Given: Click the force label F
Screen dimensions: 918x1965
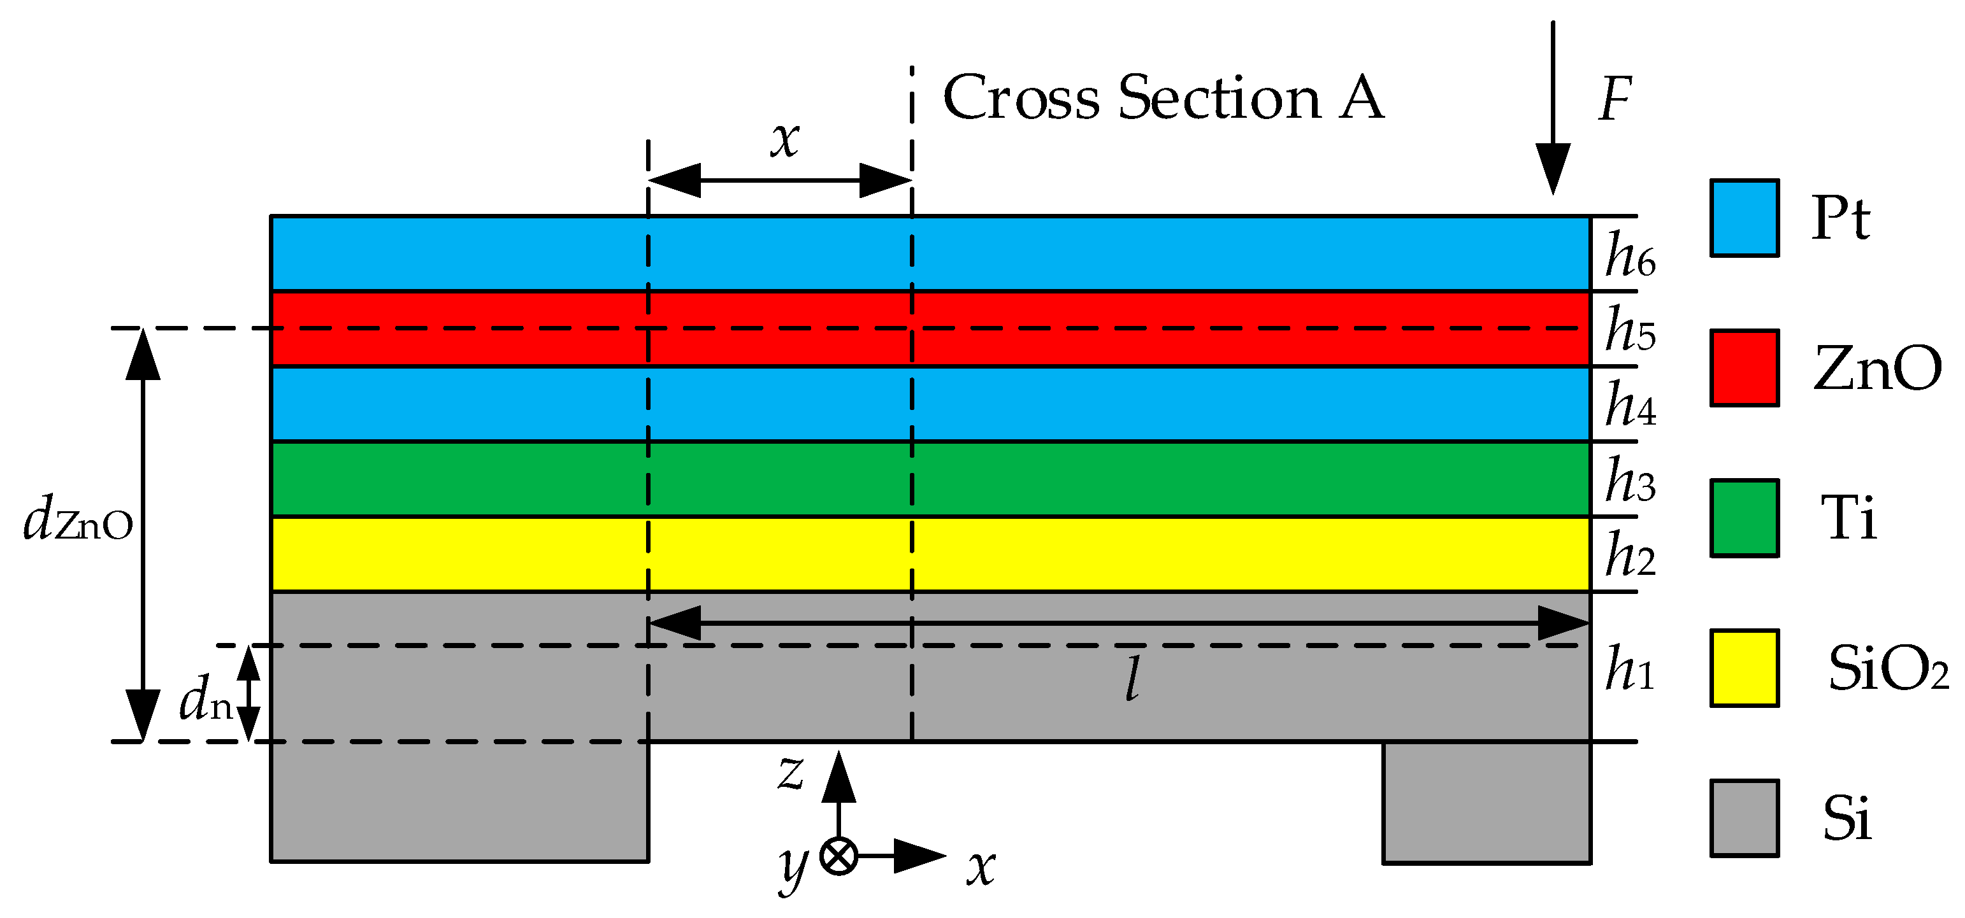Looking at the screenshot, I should (1615, 100).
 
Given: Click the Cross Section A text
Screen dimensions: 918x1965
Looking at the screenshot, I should (1163, 97).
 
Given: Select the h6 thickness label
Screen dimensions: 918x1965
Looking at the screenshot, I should (1630, 256).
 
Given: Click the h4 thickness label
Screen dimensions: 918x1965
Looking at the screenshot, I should (1630, 405).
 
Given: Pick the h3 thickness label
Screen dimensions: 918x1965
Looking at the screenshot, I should (1630, 481).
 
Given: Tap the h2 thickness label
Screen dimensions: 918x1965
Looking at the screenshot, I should (1630, 555).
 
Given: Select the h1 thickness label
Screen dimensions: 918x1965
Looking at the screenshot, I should (1629, 668).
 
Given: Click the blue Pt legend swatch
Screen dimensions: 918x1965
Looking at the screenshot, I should (1745, 218).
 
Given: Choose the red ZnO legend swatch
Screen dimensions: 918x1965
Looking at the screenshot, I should (1745, 368).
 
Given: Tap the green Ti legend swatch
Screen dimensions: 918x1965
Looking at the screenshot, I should (1745, 518).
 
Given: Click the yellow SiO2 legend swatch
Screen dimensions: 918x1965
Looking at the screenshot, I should (1745, 668).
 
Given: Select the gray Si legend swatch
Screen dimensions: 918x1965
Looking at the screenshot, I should (1745, 818).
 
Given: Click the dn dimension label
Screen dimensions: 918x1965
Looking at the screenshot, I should (205, 700).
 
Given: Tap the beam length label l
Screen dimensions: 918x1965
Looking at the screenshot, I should (1134, 678).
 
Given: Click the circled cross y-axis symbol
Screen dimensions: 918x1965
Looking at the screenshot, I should (839, 856).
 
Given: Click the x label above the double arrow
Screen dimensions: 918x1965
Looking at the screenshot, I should (784, 139).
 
